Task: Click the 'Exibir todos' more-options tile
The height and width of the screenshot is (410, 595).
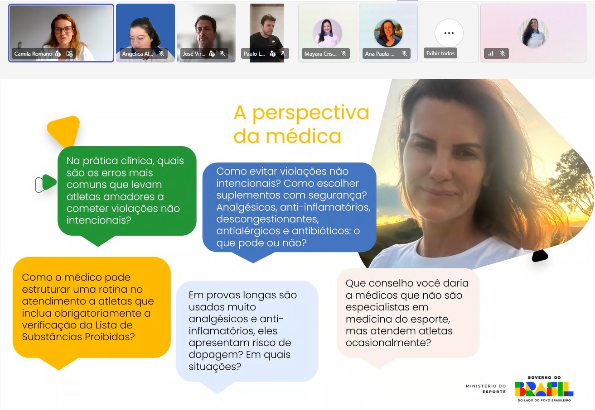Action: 449,33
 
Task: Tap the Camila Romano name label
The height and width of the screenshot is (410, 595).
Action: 33,54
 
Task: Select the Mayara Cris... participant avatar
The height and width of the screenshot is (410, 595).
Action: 327,33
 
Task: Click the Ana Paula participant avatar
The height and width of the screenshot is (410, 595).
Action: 388,33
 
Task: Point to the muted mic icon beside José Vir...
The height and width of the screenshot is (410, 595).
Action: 223,53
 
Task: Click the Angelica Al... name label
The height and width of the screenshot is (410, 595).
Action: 138,54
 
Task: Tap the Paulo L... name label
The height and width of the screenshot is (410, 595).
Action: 254,54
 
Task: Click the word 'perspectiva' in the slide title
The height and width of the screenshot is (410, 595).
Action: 310,113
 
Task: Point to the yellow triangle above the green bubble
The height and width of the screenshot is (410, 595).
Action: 64,129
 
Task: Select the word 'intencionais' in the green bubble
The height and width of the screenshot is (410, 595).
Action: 96,220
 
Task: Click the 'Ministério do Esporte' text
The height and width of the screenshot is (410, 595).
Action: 486,389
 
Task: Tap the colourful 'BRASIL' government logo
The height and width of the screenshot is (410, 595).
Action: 544,389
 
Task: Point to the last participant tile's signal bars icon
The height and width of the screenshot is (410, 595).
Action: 491,53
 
